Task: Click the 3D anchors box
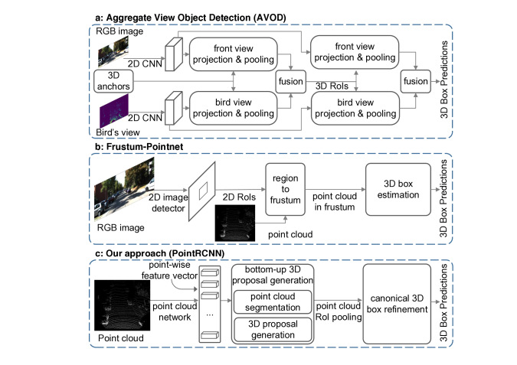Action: point(113,81)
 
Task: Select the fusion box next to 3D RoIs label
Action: point(290,81)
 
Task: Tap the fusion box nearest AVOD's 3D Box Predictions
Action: point(415,81)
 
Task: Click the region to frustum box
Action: point(285,190)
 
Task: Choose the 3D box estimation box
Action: point(398,190)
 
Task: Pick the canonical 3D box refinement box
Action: point(397,304)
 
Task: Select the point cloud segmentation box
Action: point(273,301)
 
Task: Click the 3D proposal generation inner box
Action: point(273,330)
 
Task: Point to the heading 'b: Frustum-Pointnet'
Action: point(139,147)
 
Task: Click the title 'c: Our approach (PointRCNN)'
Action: point(159,253)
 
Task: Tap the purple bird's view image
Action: point(114,111)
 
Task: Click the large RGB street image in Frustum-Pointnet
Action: point(124,189)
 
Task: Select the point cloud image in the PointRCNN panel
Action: point(122,305)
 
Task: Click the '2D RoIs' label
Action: point(239,197)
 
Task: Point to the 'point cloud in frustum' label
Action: point(335,201)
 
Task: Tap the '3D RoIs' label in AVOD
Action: point(332,86)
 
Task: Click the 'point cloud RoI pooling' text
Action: point(339,311)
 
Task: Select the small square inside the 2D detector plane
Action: point(203,191)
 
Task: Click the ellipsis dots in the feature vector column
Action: point(210,315)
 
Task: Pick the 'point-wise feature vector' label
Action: point(169,270)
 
